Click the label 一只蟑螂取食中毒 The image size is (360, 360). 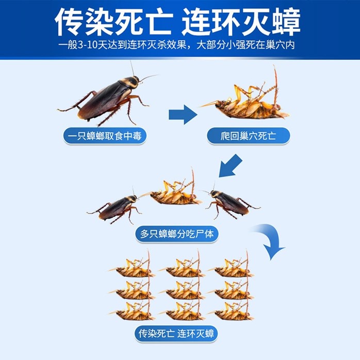coord(104,136)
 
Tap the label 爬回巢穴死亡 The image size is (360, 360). coord(249,136)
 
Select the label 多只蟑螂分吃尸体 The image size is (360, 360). coord(176,234)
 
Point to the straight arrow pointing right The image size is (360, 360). coord(183,114)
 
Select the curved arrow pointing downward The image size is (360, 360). coord(271,240)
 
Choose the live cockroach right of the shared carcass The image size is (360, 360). coord(231,202)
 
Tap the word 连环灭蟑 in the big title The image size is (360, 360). coord(241,22)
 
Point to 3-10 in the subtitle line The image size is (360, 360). coord(89,45)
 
